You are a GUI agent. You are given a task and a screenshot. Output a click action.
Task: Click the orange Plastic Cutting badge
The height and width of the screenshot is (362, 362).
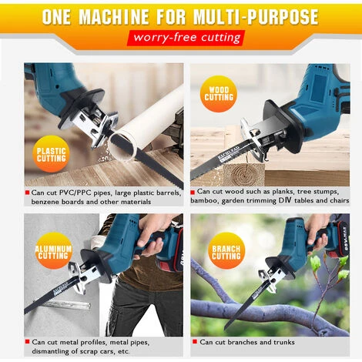pyautogui.click(x=51, y=154)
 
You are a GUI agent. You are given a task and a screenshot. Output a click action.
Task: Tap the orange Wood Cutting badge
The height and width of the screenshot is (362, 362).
pyautogui.click(x=219, y=94)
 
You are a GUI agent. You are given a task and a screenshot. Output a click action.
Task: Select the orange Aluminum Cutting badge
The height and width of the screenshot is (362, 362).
pyautogui.click(x=53, y=251)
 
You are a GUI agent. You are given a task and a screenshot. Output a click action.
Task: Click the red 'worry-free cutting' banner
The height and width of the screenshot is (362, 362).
pyautogui.click(x=186, y=38)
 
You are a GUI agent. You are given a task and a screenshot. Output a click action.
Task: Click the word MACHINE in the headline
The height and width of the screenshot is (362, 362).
pyautogui.click(x=113, y=17)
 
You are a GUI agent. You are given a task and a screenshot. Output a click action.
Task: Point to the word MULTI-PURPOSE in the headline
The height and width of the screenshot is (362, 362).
pyautogui.click(x=256, y=17)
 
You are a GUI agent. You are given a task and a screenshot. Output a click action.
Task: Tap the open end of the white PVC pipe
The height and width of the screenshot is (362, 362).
pyautogui.click(x=122, y=146)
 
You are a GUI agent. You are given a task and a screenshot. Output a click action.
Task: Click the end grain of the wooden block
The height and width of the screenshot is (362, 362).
pyautogui.click(x=243, y=175)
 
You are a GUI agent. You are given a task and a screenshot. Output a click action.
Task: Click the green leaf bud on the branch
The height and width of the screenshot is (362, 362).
pyautogui.click(x=315, y=264)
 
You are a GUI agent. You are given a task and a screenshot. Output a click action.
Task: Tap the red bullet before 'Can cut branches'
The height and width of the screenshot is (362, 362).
pyautogui.click(x=195, y=341)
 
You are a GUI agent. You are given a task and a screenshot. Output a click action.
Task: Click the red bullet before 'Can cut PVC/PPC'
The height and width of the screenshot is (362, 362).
pyautogui.click(x=27, y=193)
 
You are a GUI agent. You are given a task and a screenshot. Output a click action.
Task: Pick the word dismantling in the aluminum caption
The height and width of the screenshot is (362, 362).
pyautogui.click(x=49, y=351)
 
